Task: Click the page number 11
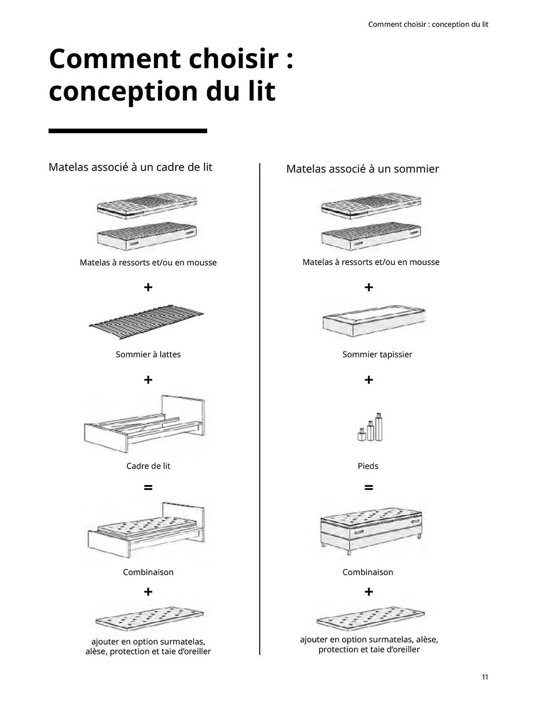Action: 485,676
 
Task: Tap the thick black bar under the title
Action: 127,131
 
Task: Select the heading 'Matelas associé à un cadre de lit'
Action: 130,167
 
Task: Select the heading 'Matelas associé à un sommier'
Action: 362,169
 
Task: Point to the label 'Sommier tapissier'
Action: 377,354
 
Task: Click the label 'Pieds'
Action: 368,466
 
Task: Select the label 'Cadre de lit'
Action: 148,466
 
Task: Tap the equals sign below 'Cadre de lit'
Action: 148,488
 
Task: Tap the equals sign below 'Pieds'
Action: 368,488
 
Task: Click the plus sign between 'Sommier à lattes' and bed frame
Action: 148,380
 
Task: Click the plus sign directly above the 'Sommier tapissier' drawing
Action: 368,287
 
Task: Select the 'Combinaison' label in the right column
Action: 368,572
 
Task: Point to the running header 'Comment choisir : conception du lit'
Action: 428,24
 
